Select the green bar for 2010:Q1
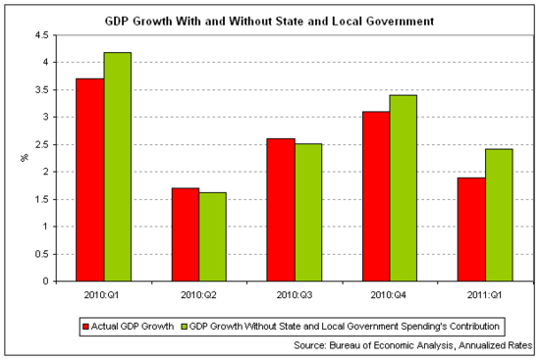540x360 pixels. click(x=118, y=167)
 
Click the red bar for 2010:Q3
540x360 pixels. click(x=281, y=210)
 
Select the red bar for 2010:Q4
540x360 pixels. click(x=376, y=196)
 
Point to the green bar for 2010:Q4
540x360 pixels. click(x=404, y=188)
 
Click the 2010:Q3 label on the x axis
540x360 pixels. click(x=295, y=294)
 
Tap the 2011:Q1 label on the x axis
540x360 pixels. click(x=485, y=294)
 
